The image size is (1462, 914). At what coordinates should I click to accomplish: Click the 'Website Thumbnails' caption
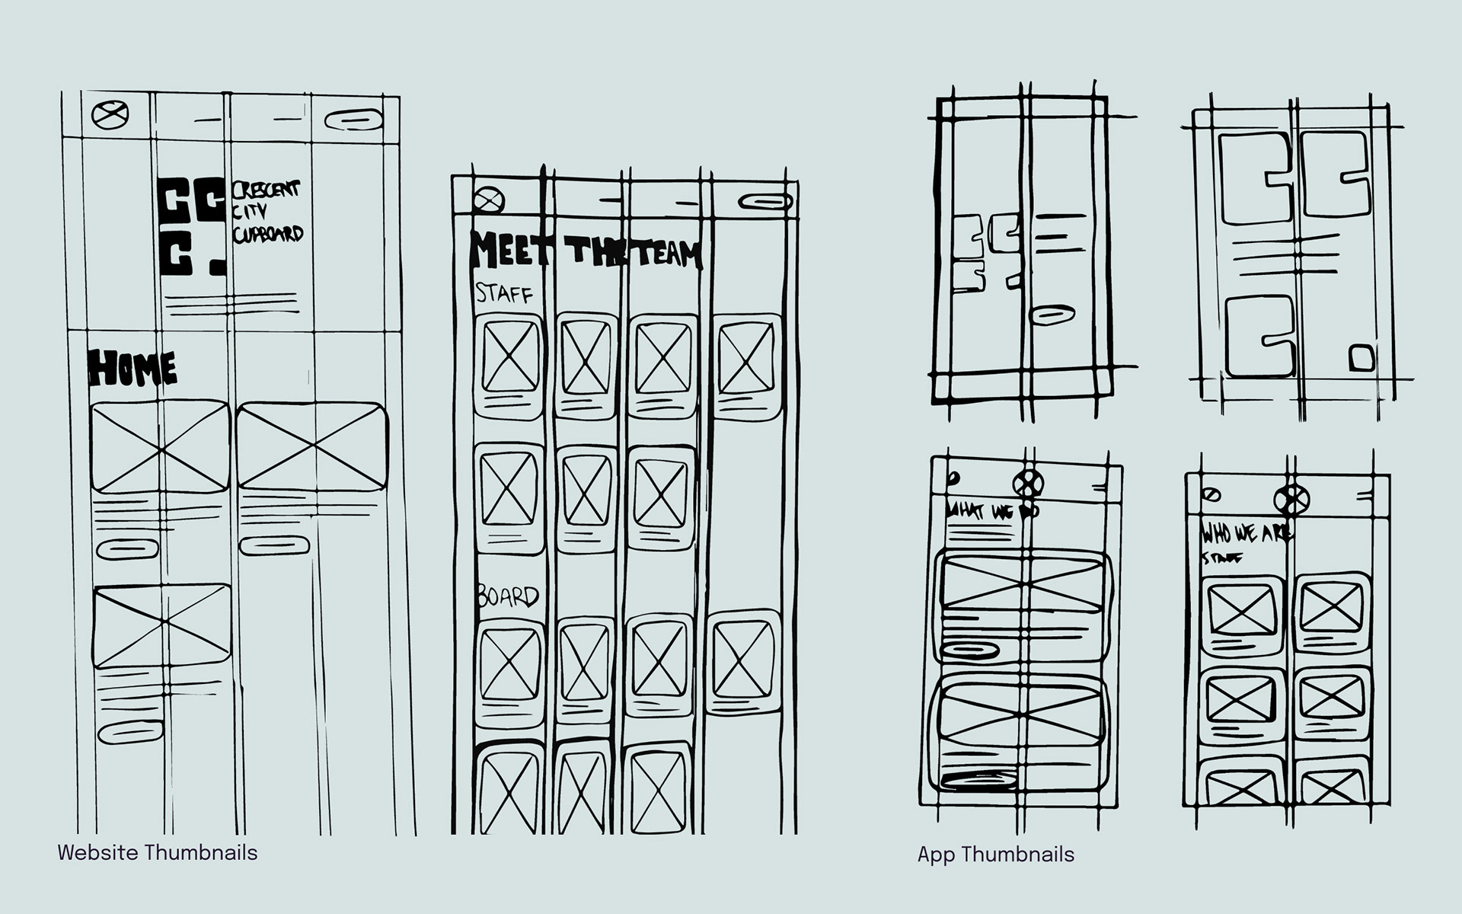click(x=158, y=852)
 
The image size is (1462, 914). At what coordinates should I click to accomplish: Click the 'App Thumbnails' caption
click(x=996, y=855)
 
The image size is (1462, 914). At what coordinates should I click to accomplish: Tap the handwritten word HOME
click(x=133, y=369)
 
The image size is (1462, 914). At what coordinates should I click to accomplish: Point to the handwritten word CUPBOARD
click(x=268, y=234)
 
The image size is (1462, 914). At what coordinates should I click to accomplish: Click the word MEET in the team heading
click(x=507, y=251)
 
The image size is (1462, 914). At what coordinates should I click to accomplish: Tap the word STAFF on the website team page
click(x=504, y=292)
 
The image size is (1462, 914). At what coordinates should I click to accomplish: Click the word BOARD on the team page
click(x=508, y=596)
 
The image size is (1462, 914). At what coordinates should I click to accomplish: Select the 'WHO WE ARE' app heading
click(x=1246, y=533)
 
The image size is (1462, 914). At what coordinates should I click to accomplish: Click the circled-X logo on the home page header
click(x=110, y=116)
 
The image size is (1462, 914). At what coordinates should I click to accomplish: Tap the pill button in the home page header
click(x=353, y=120)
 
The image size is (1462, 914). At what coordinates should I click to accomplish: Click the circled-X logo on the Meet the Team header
click(x=488, y=200)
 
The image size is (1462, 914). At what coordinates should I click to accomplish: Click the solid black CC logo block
click(x=193, y=225)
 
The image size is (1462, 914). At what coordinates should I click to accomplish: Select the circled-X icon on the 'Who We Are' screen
click(x=1291, y=500)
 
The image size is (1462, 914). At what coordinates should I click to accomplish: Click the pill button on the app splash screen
click(x=1052, y=315)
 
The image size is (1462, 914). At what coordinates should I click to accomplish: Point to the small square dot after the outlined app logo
click(x=1362, y=358)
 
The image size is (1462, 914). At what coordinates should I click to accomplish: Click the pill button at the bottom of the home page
click(x=130, y=732)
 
